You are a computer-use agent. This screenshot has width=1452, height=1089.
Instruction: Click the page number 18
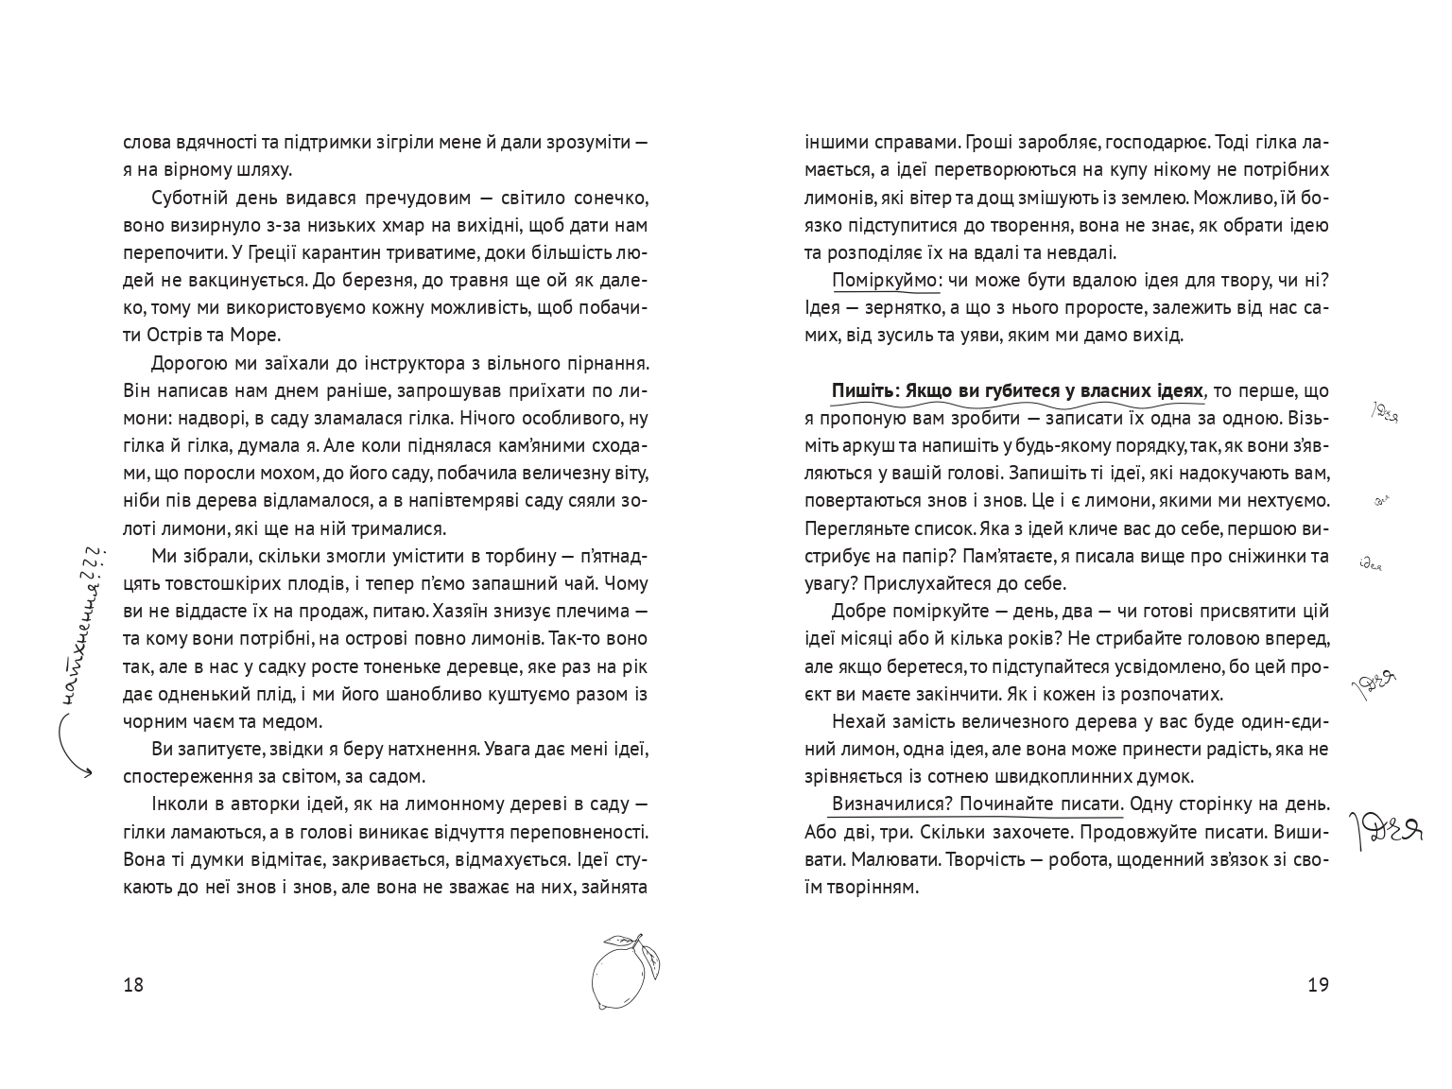[133, 985]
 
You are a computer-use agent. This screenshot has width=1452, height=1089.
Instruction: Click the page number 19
[1318, 985]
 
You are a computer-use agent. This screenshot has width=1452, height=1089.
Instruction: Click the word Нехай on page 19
[856, 722]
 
